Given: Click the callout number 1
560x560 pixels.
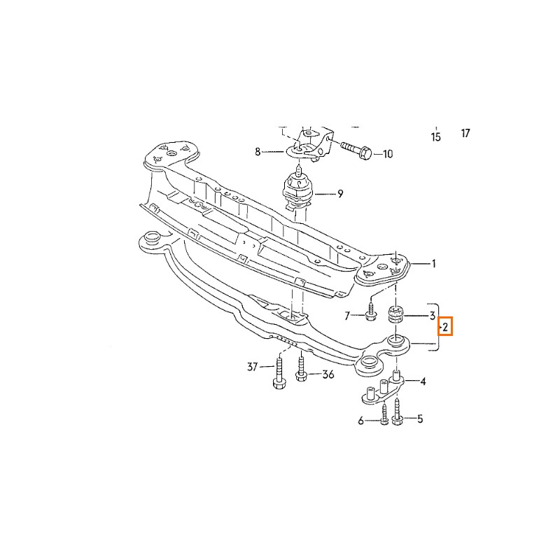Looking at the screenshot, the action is click(x=434, y=264).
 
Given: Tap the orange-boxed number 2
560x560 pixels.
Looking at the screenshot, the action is click(x=445, y=326).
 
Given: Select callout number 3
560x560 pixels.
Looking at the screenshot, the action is click(x=432, y=316).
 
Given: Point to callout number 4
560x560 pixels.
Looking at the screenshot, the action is click(x=423, y=381).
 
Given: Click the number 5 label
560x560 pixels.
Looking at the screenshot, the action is click(x=420, y=419).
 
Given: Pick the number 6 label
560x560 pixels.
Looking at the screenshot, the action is click(x=360, y=421).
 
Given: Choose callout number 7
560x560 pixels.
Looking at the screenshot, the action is click(x=346, y=316).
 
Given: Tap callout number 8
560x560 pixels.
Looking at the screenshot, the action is click(x=258, y=152).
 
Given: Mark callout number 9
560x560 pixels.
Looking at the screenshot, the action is click(x=340, y=194).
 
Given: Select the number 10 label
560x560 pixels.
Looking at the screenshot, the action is click(x=388, y=154).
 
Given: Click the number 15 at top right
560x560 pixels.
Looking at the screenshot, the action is click(x=435, y=136).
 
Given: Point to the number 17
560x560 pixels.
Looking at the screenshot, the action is click(x=465, y=133).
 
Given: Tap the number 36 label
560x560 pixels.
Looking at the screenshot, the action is click(x=328, y=374).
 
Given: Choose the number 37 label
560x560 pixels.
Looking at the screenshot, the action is click(x=253, y=366).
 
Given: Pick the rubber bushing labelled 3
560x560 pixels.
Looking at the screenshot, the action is click(x=395, y=314).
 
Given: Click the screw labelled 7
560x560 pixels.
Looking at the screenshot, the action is click(x=370, y=310).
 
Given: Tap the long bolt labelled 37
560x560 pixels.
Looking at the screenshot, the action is click(x=279, y=374).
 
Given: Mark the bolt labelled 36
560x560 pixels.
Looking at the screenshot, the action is click(x=302, y=369).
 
